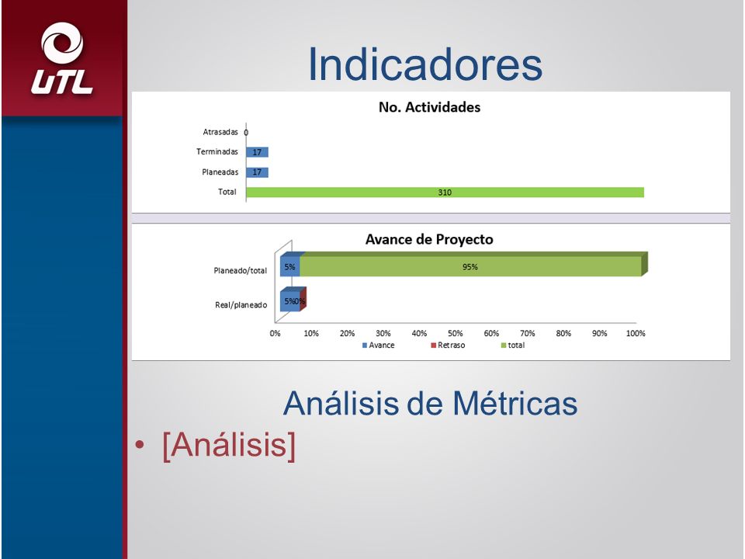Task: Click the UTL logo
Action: [62, 58]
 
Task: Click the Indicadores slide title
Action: [425, 64]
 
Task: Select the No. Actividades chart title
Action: [429, 107]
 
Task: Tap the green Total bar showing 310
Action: [445, 192]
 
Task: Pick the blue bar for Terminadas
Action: [257, 152]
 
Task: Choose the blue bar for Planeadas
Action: [257, 172]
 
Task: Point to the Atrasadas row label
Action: [220, 132]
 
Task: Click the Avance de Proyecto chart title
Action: [429, 239]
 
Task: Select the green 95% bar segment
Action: [470, 266]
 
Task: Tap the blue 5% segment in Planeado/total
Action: [289, 266]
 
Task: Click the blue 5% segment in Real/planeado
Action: [289, 301]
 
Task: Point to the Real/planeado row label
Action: [241, 305]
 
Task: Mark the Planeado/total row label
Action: [241, 270]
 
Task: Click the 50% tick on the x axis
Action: [456, 333]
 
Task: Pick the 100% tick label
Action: [636, 333]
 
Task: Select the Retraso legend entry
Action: [448, 345]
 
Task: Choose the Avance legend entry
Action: [378, 345]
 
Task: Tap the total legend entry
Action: [513, 345]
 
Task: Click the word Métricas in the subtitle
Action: [515, 403]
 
